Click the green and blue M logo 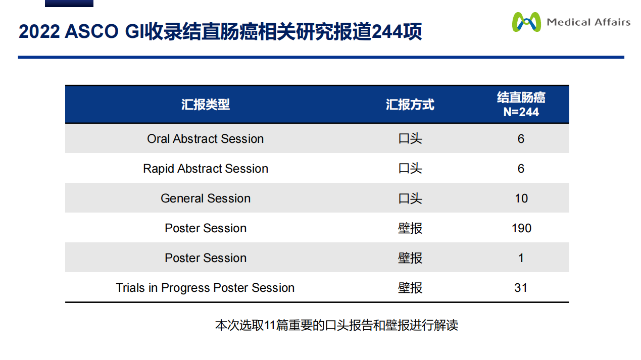coord(526,22)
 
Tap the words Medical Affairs coord(588,22)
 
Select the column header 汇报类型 coord(206,105)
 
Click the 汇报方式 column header coord(410,105)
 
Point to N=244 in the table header coord(521,112)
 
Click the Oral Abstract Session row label coord(206,139)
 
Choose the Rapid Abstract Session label coord(206,169)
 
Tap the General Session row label coord(206,198)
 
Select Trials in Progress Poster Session coord(205,288)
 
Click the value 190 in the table coord(521,228)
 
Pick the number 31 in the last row coord(521,288)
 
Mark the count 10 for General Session coord(521,198)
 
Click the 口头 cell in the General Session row coord(410,198)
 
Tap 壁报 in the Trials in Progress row coord(410,288)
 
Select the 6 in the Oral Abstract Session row coord(521,139)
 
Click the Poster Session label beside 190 coord(206,228)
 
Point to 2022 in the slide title coord(39,31)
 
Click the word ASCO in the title coord(91,31)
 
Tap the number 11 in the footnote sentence coord(270,325)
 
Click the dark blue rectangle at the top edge coord(69,4)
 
